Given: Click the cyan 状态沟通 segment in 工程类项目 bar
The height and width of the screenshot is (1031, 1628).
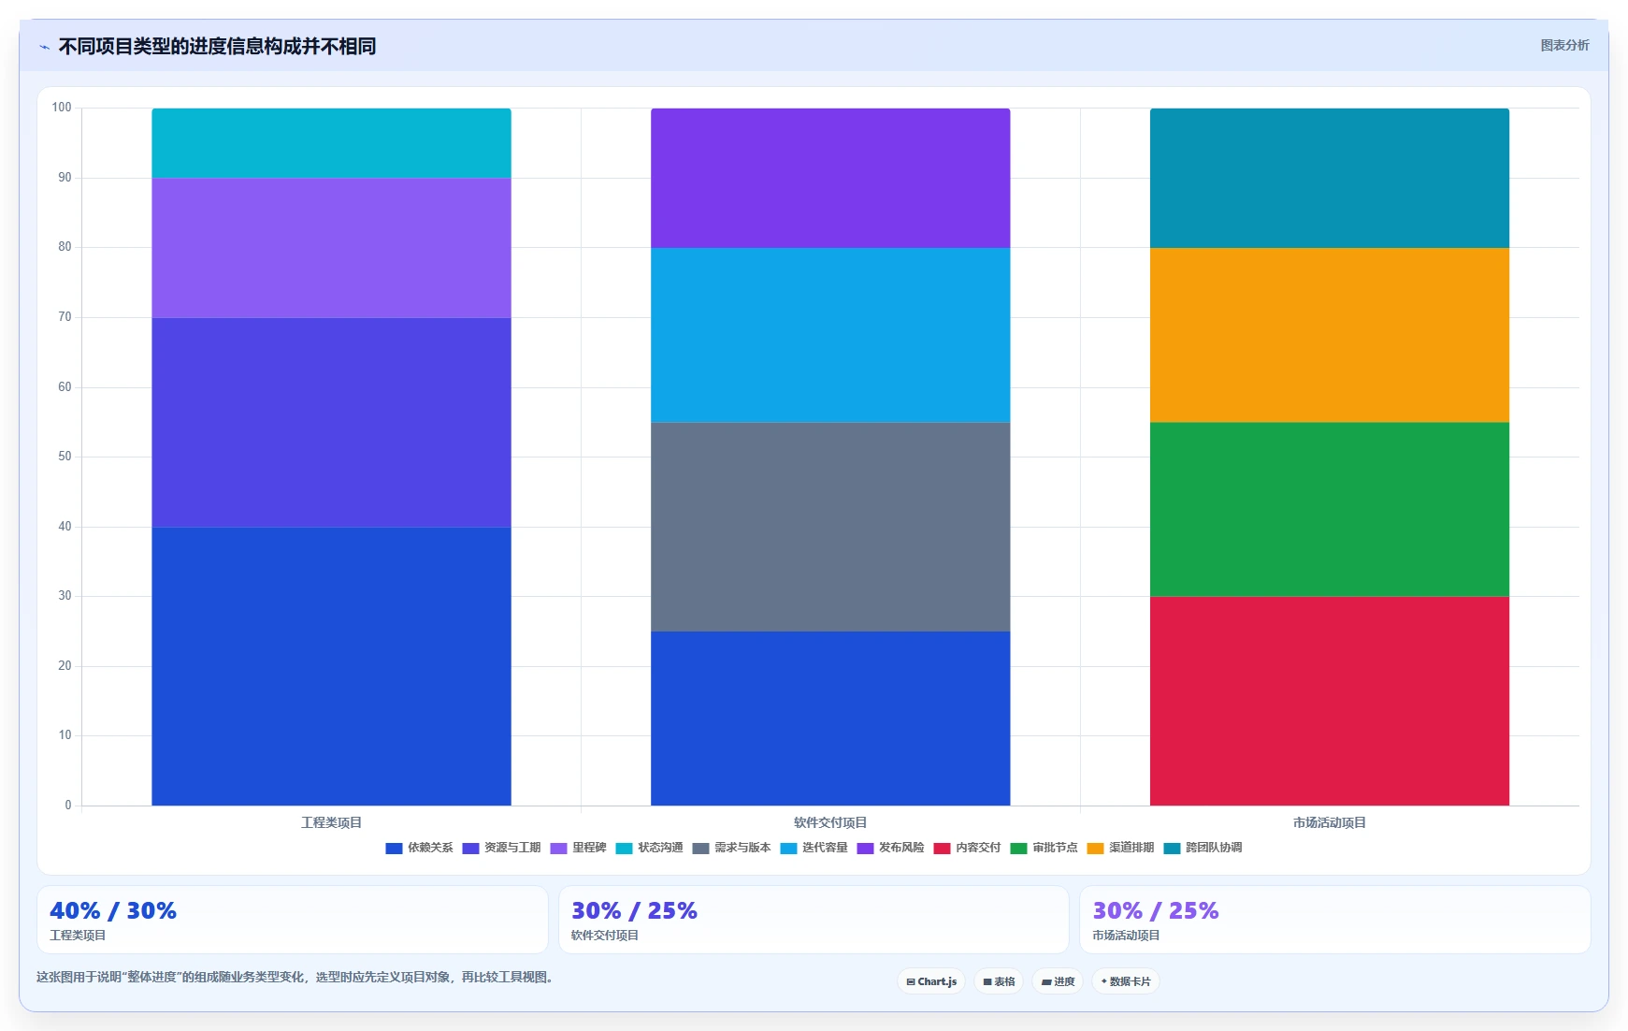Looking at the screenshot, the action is tap(331, 143).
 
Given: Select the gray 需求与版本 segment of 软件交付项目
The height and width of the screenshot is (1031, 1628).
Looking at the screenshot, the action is tap(830, 527).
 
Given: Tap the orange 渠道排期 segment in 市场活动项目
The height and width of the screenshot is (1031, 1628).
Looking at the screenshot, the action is tap(1329, 335).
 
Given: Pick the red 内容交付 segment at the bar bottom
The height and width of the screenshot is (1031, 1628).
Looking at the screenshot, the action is tap(1329, 701).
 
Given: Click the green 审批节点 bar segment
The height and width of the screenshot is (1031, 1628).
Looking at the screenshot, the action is tap(1329, 510).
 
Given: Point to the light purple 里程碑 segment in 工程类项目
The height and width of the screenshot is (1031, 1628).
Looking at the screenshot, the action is tap(331, 248).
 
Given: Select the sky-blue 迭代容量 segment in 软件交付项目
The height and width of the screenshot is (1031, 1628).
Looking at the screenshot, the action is tap(830, 335).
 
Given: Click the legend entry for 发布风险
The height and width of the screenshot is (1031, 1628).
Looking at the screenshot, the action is tap(890, 848).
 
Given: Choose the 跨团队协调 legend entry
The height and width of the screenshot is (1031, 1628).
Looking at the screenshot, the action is tap(1203, 848).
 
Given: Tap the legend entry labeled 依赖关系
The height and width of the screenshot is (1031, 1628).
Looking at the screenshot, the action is tap(419, 848).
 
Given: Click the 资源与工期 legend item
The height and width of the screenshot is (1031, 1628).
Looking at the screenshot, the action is tap(501, 848).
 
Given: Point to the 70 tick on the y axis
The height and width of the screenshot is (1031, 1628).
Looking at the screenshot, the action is tap(65, 317).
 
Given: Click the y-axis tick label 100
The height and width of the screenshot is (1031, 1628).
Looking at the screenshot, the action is tap(62, 108).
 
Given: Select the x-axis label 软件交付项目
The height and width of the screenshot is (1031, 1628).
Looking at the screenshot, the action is tap(830, 822).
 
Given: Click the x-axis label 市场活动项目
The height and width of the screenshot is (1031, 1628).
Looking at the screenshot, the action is tap(1329, 822).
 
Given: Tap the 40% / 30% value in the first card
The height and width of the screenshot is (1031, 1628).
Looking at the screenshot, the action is tap(113, 910).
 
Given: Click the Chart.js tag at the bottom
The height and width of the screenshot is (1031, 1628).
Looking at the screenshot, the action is tap(931, 981).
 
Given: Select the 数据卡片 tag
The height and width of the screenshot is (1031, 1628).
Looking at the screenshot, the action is tap(1125, 981).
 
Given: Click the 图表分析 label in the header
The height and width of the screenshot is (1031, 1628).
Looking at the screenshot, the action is tap(1564, 45).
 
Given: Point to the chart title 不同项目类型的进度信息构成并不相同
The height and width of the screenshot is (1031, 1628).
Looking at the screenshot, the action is tap(217, 46).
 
